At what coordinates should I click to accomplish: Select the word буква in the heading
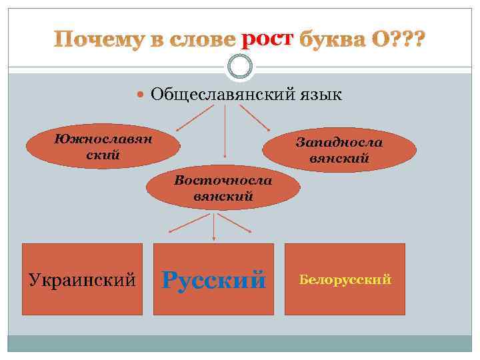coord(328,40)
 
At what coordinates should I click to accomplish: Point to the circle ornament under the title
coord(240,66)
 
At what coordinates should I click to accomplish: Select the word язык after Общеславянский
coord(319,95)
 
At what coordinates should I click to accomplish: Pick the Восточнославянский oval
coord(223,188)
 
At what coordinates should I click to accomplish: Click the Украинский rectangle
coord(83,279)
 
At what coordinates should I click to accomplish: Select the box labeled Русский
coord(213,279)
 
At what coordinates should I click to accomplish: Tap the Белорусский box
coord(345,279)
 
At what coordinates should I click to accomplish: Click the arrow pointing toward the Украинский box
coord(190,223)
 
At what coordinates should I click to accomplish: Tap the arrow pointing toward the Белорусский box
coord(237,223)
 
